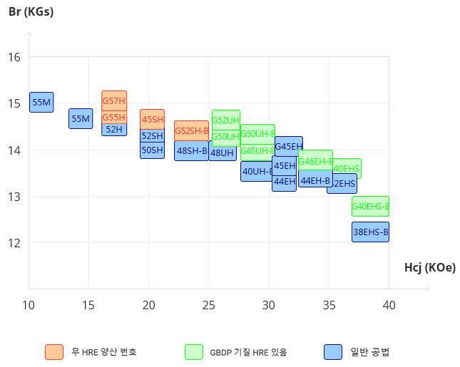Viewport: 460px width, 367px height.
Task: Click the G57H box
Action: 114,100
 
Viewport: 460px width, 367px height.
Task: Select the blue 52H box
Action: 114,129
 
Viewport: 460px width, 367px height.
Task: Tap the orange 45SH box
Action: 153,119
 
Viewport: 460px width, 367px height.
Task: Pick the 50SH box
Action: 152,150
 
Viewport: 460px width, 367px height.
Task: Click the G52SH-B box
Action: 192,130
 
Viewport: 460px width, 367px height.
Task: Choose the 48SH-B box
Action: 192,150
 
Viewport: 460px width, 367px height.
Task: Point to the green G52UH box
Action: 225,120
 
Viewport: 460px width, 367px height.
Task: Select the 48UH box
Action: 222,153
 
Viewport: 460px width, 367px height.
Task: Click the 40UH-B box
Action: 256,171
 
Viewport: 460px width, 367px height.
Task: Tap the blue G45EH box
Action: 289,146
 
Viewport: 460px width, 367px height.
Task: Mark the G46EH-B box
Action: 315,161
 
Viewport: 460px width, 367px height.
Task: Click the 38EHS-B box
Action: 371,232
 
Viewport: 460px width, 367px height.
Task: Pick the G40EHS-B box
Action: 371,206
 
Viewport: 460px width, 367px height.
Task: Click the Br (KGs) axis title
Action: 31,12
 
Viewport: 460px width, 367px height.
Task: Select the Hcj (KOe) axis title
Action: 429,267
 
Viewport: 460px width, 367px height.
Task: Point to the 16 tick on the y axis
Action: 14,57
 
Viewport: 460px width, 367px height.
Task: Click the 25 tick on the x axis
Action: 209,305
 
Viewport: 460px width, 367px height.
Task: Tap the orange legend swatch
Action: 53,352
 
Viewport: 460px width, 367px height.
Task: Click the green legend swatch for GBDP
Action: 194,352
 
